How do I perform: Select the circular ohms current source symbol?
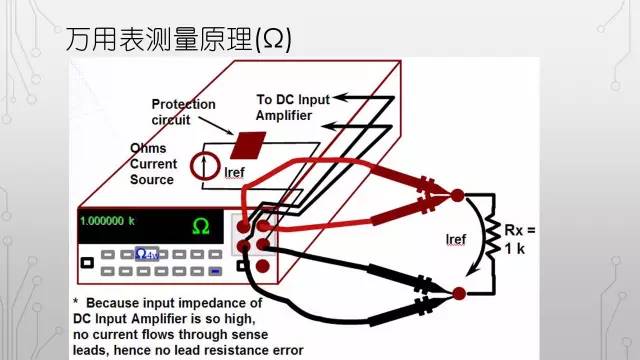[x=203, y=165]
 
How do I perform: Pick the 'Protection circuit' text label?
[x=183, y=112]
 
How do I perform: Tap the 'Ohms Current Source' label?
[x=153, y=164]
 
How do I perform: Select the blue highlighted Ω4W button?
[x=147, y=255]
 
